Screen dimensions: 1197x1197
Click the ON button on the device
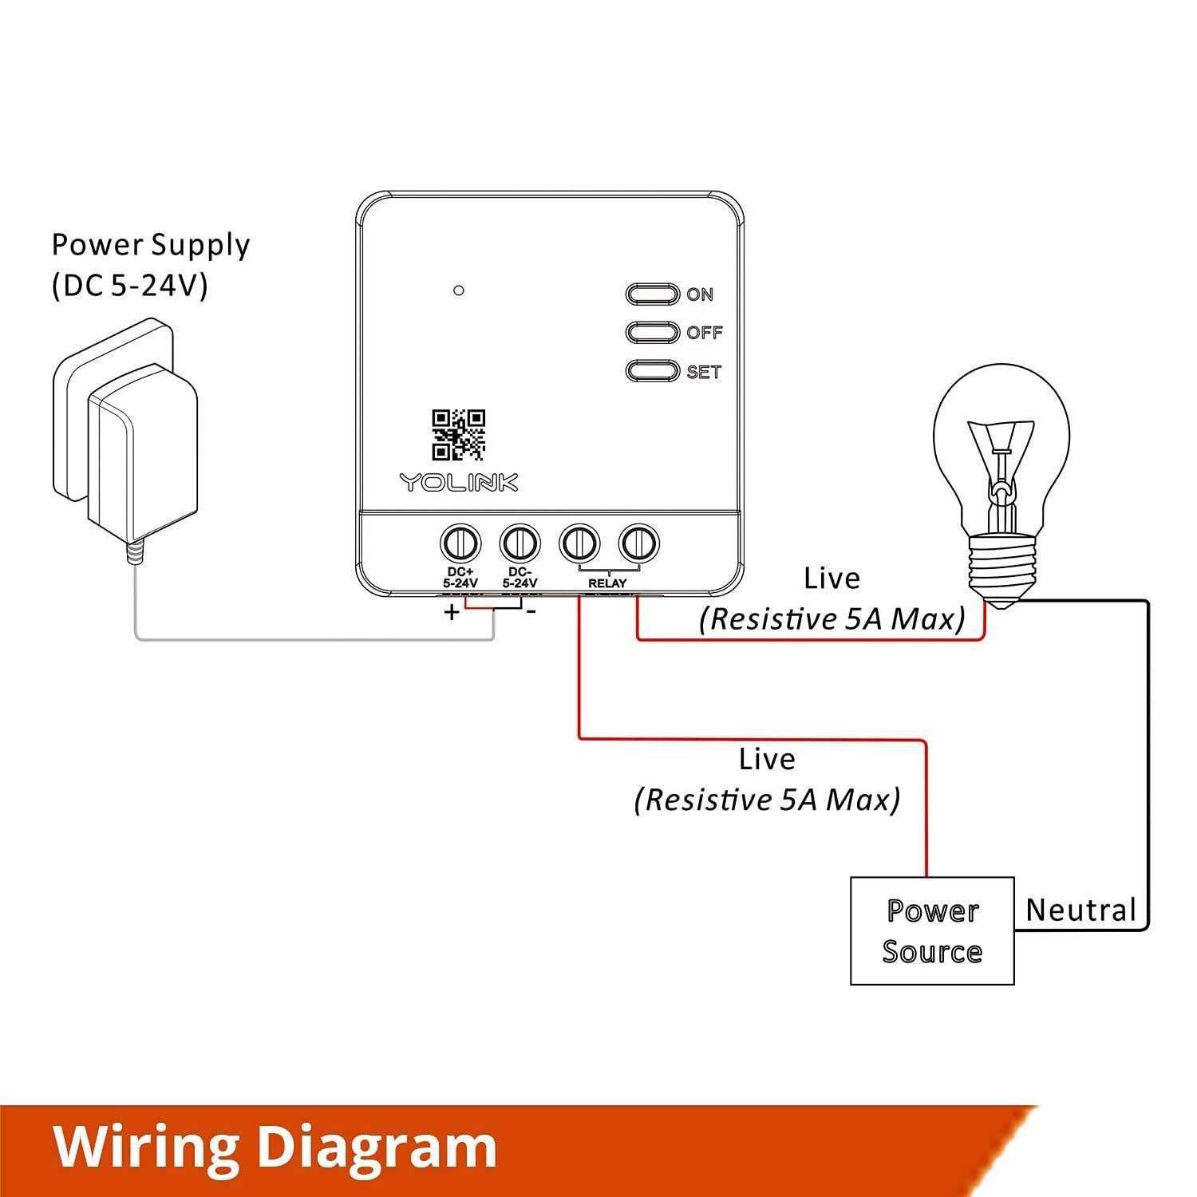(x=652, y=294)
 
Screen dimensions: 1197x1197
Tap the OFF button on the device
(x=652, y=332)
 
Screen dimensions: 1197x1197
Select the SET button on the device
(x=652, y=371)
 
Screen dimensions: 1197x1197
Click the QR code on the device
(x=459, y=435)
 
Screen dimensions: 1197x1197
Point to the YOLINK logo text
(x=459, y=482)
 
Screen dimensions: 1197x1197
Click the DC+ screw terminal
(x=460, y=544)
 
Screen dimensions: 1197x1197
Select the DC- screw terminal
(x=520, y=544)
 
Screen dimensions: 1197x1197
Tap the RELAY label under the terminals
(x=607, y=583)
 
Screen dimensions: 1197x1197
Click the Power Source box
(x=932, y=930)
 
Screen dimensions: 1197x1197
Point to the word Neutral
(x=1080, y=910)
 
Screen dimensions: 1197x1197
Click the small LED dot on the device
(x=458, y=290)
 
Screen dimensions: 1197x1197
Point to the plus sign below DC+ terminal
(x=452, y=613)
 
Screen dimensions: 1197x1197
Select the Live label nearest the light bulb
(x=832, y=579)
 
